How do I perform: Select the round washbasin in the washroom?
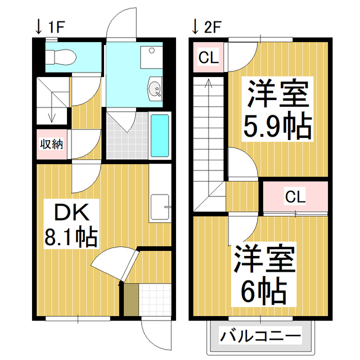[154, 87]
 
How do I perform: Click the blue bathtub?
[160, 136]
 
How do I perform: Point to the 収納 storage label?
[51, 144]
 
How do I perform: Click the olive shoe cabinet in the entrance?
[130, 301]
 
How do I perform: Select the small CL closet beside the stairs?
[208, 57]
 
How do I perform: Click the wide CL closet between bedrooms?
[295, 197]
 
